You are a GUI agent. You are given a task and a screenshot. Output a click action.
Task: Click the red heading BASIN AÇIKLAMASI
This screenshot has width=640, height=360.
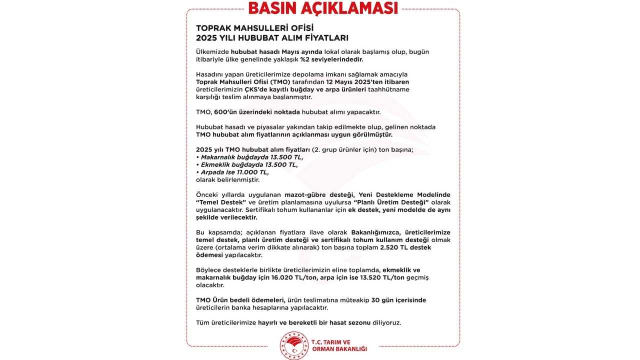(x=323, y=8)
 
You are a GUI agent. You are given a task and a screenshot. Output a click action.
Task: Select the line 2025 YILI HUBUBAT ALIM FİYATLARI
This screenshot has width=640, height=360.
(x=272, y=38)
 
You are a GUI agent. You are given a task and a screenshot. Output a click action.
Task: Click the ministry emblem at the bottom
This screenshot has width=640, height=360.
(x=294, y=345)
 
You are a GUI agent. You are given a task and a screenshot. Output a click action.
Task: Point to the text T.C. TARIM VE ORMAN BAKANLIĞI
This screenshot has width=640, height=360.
(x=339, y=345)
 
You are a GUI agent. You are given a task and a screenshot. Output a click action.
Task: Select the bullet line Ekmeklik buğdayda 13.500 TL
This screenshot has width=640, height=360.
(x=248, y=164)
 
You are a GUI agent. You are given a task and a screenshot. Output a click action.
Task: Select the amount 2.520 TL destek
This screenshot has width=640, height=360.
(x=405, y=247)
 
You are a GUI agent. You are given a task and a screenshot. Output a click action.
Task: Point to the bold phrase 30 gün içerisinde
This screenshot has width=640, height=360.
(x=398, y=300)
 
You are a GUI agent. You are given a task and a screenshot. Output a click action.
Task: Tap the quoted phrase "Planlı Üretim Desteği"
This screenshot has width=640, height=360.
(x=390, y=202)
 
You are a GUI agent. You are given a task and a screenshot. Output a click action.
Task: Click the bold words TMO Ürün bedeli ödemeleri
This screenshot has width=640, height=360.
(x=240, y=300)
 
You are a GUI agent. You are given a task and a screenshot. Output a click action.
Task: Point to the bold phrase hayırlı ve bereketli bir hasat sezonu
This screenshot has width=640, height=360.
(x=314, y=322)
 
